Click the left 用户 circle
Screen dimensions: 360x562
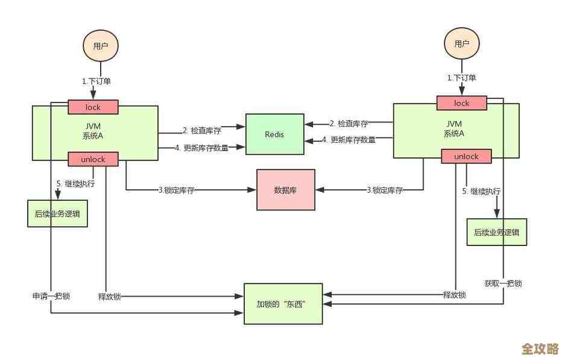pyautogui.click(x=100, y=46)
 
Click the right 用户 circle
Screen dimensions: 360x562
pyautogui.click(x=461, y=43)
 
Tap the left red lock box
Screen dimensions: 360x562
pyautogui.click(x=93, y=107)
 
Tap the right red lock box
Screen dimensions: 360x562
pyautogui.click(x=461, y=103)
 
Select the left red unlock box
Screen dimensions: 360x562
pyautogui.click(x=93, y=159)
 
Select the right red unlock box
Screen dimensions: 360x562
pyautogui.click(x=466, y=157)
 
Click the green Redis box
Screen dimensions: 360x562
pyautogui.click(x=274, y=134)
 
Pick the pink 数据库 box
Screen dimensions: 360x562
pyautogui.click(x=286, y=190)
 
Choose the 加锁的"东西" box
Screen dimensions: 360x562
pyautogui.click(x=283, y=303)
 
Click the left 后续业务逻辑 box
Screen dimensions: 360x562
pyautogui.click(x=57, y=213)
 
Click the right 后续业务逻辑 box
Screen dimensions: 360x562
pyautogui.click(x=497, y=232)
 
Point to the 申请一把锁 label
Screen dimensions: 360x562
pyautogui.click(x=51, y=296)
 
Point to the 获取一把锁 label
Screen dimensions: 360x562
pyautogui.click(x=503, y=283)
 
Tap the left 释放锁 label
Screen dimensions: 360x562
pyautogui.click(x=109, y=297)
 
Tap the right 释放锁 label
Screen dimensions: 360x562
pyautogui.click(x=454, y=295)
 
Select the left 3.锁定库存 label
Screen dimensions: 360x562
pyautogui.click(x=176, y=190)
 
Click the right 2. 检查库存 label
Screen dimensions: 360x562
pyautogui.click(x=349, y=124)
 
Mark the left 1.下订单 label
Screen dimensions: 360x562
pyautogui.click(x=96, y=81)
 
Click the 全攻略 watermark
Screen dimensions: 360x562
pyautogui.click(x=540, y=349)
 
